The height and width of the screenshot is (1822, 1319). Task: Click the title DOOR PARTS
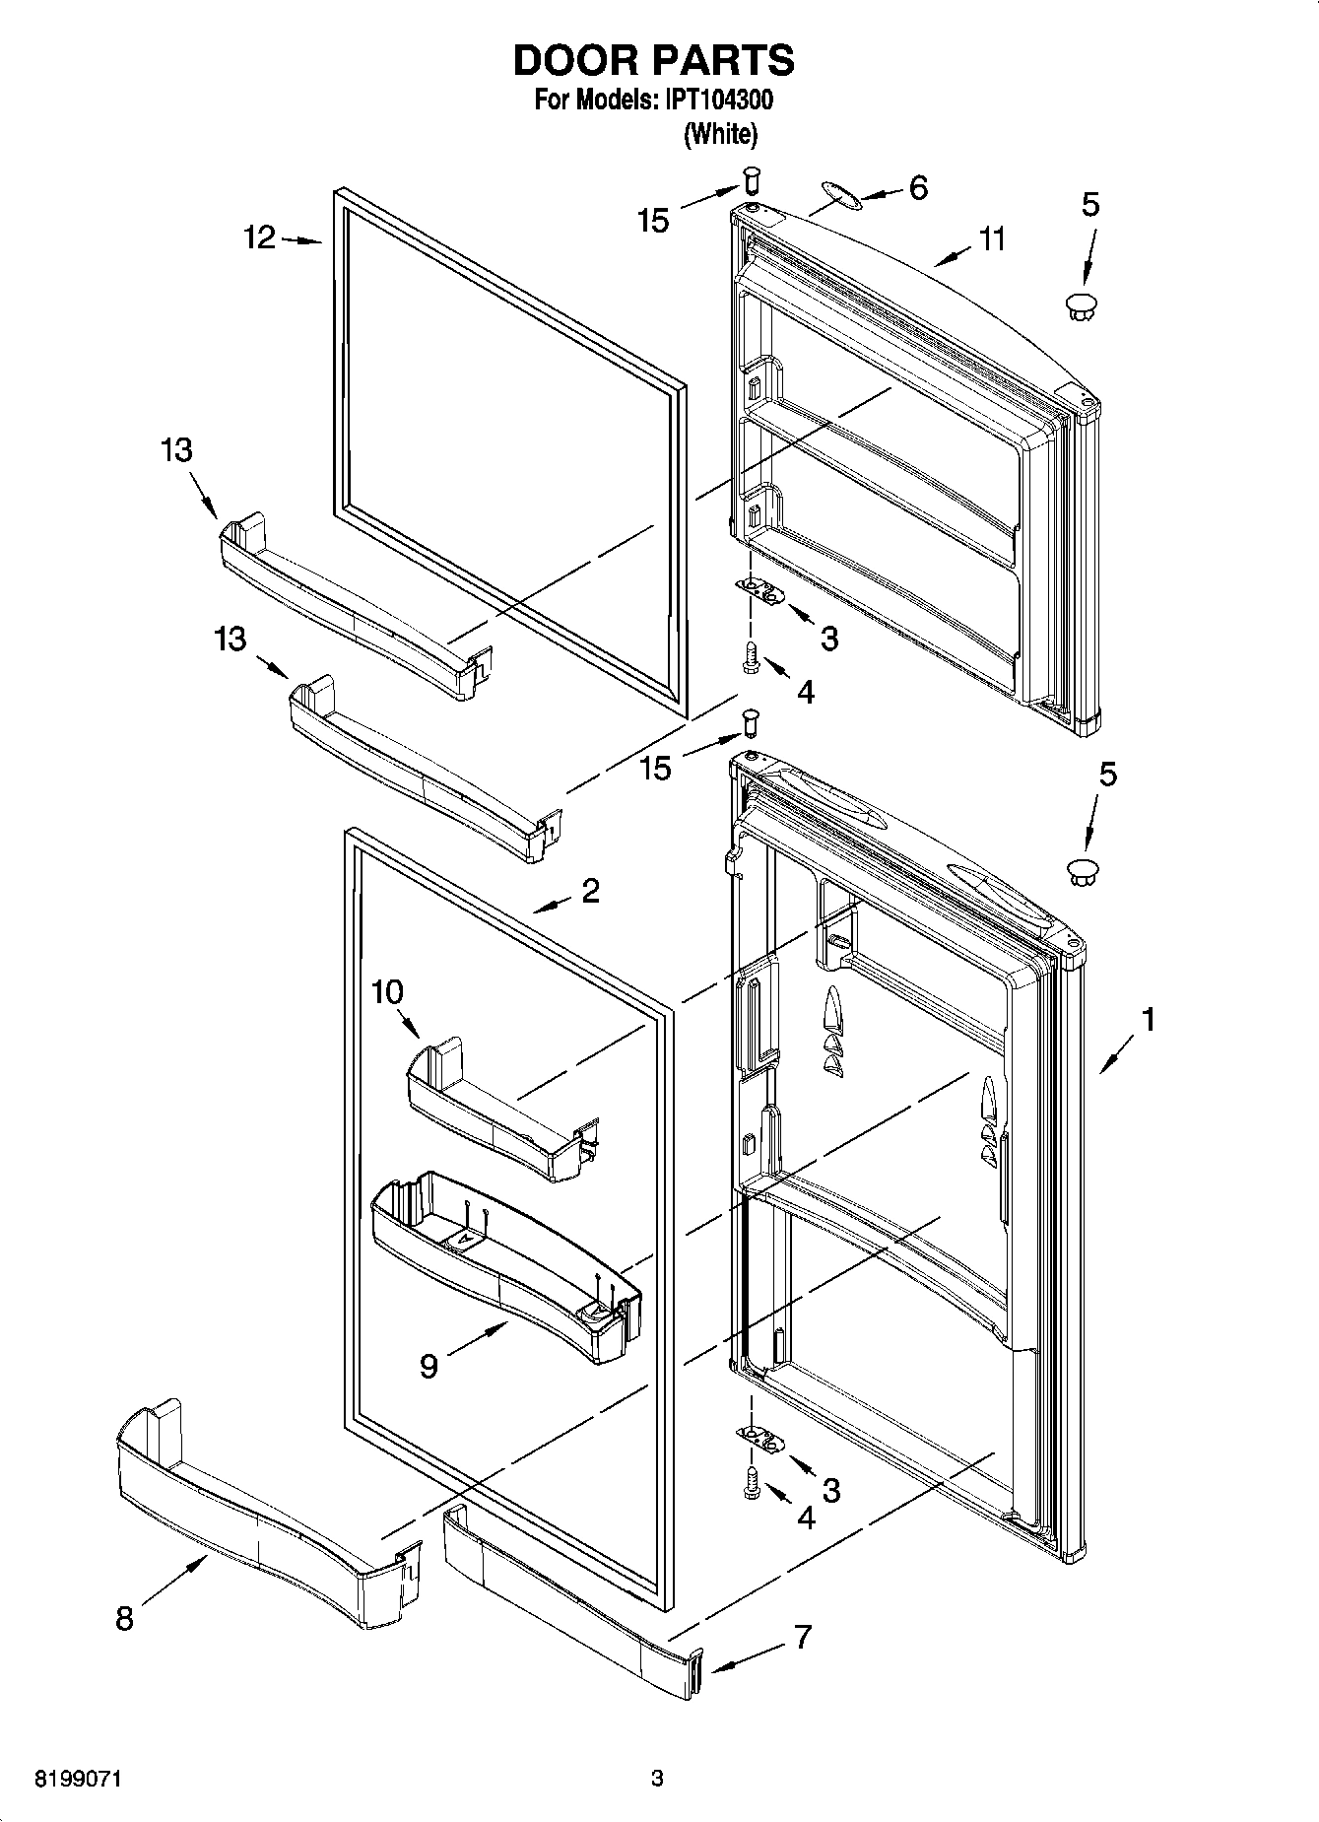(653, 61)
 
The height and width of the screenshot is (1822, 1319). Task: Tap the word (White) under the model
(721, 133)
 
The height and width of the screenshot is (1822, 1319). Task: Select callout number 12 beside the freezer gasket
(260, 238)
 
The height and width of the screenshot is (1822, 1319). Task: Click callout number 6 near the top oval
(917, 187)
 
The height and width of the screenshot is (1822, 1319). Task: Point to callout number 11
(992, 238)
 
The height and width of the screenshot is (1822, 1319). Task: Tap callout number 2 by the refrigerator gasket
(590, 891)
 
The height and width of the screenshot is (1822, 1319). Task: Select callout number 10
(388, 992)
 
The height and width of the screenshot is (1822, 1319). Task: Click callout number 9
(429, 1366)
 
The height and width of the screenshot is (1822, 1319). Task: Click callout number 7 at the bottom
(803, 1637)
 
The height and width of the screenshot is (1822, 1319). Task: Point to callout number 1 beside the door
(1148, 1019)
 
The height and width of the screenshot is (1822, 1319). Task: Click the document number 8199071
(81, 1780)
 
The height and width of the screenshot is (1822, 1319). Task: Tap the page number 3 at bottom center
(657, 1780)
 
